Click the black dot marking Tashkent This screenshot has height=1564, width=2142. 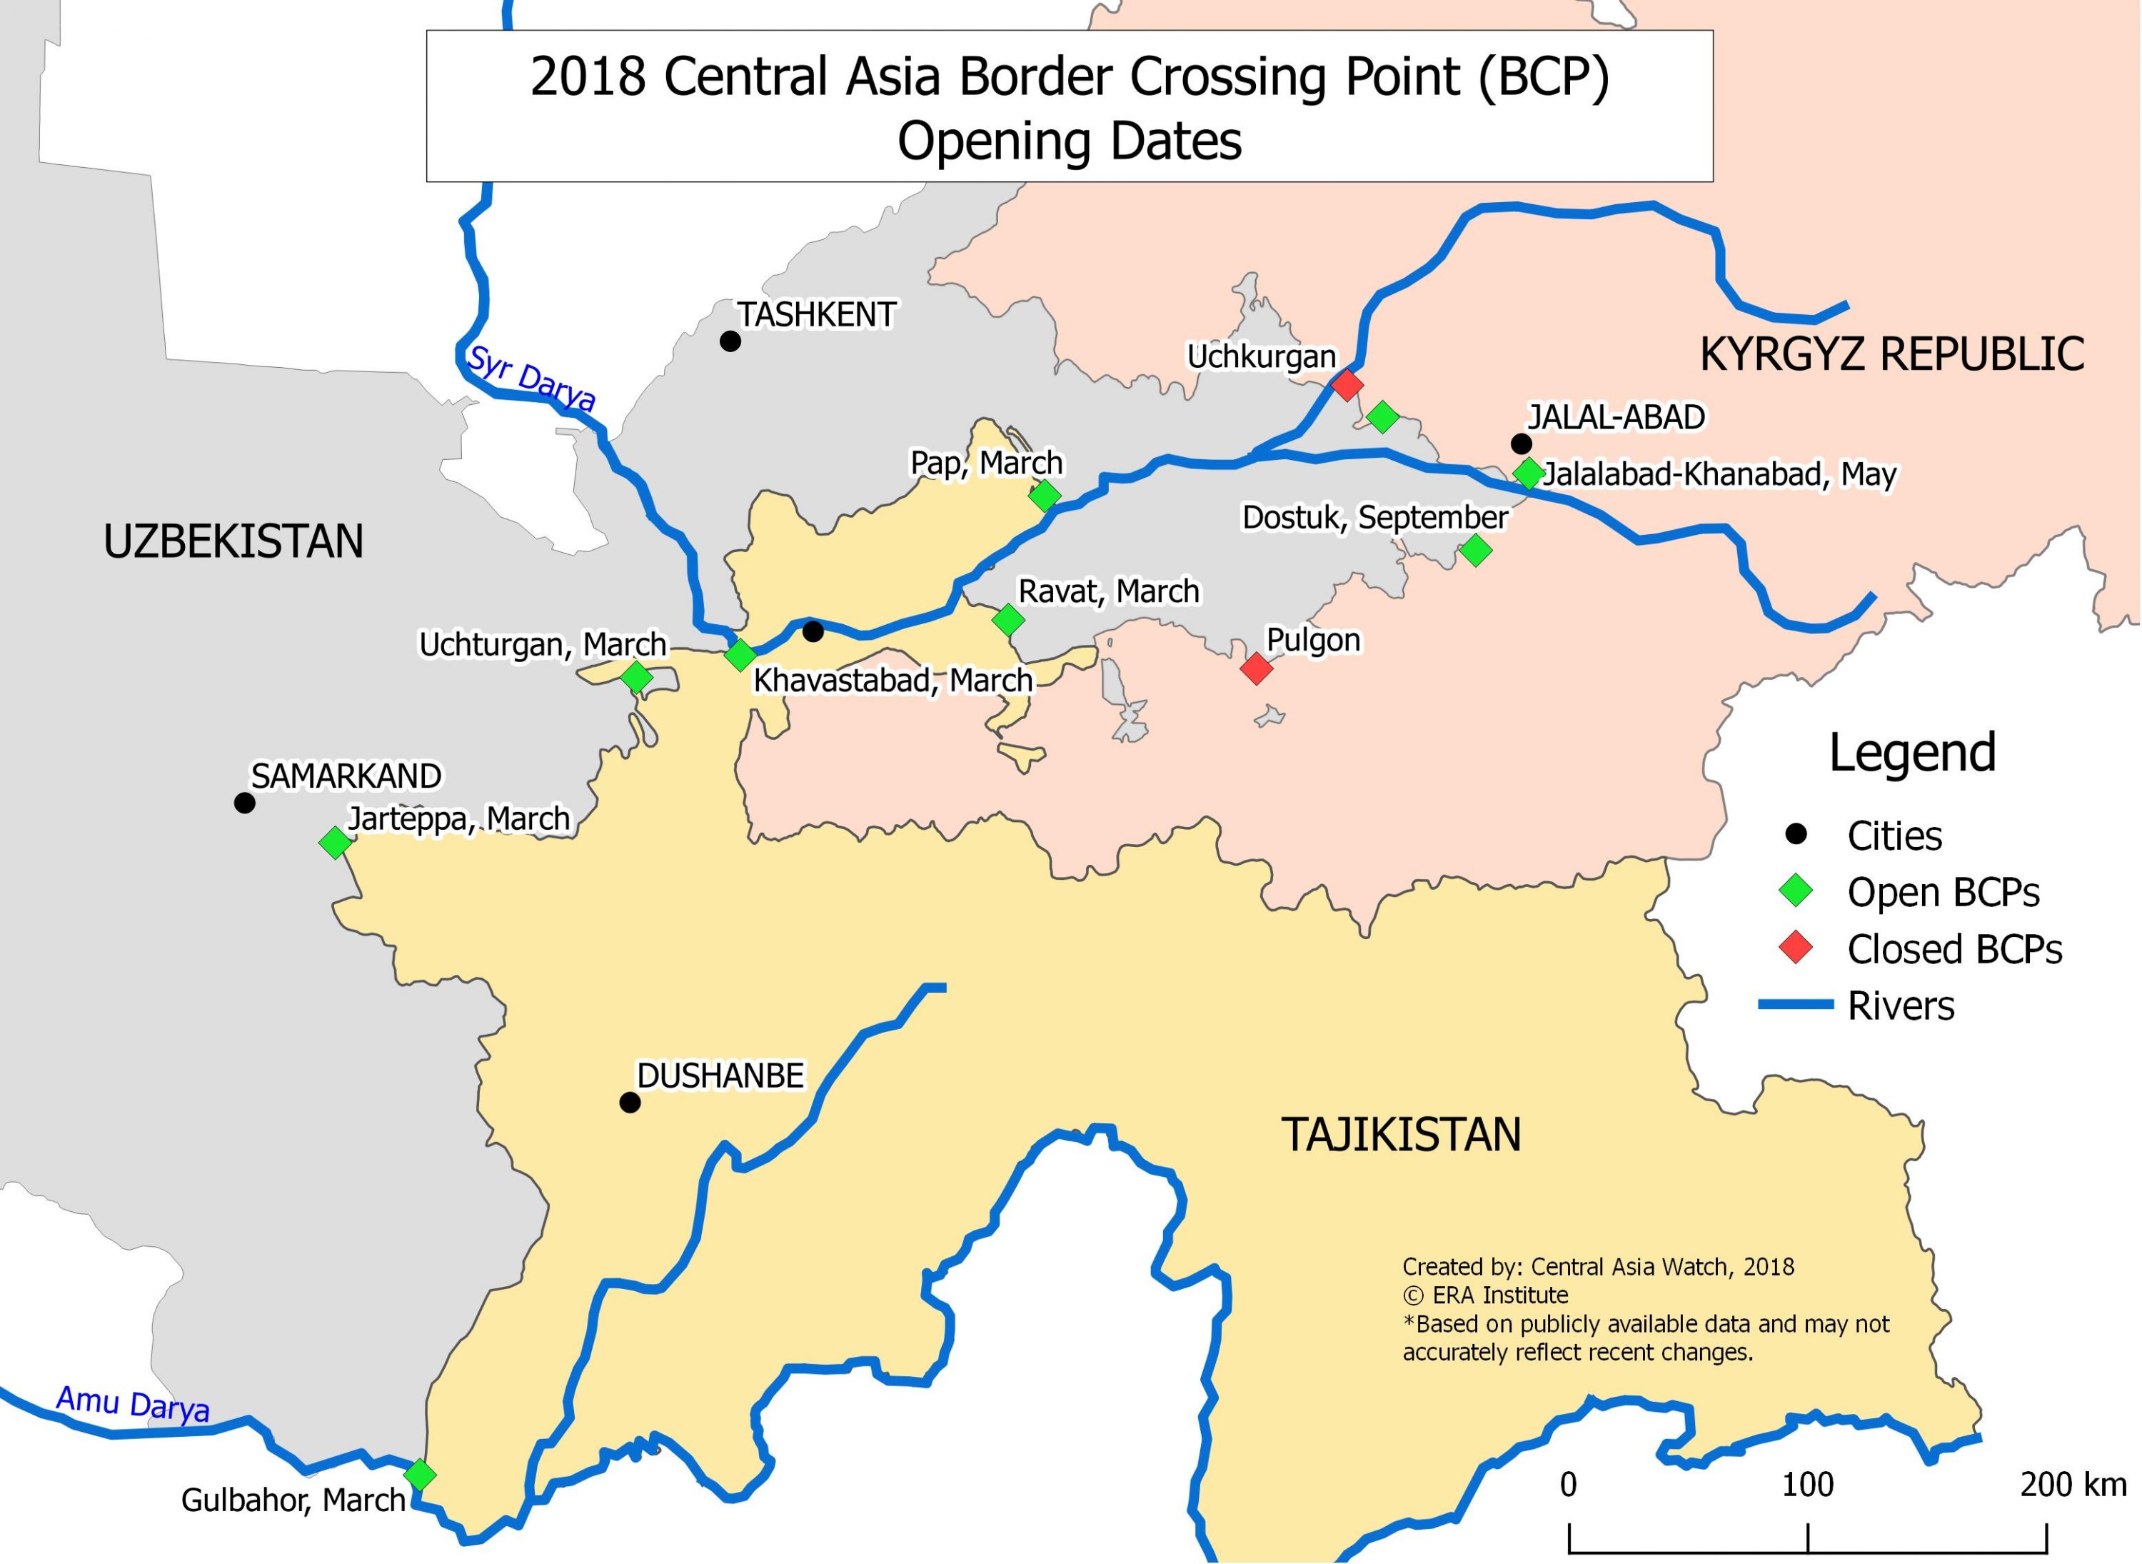(730, 341)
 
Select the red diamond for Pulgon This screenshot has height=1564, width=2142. (1256, 668)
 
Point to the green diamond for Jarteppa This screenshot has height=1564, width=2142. (334, 842)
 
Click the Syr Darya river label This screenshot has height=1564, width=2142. (531, 379)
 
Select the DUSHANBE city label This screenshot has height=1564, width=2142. (720, 1076)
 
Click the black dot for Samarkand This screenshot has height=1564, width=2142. (244, 803)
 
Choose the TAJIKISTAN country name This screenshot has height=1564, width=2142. (1401, 1134)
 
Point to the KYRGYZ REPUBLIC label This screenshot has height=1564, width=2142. (1891, 354)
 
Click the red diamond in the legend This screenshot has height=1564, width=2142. (1796, 948)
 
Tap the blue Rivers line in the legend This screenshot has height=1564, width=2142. (1796, 1005)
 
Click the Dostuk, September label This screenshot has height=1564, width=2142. (1374, 517)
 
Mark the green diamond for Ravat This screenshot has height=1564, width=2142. (1008, 620)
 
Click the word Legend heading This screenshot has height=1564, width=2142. (1912, 753)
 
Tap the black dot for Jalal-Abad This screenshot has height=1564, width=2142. (1521, 443)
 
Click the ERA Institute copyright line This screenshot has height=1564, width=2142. (1484, 1295)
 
